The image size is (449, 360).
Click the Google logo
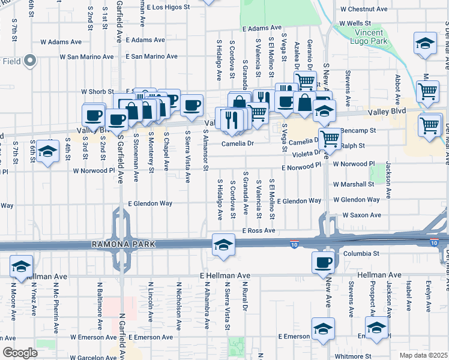click(20, 352)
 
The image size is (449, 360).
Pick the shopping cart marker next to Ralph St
click(330, 139)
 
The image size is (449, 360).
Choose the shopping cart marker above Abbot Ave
click(427, 91)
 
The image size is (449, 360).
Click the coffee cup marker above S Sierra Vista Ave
click(192, 106)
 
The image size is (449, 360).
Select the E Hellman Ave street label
click(224, 275)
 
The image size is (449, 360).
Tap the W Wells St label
click(359, 23)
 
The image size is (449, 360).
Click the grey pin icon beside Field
click(29, 61)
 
